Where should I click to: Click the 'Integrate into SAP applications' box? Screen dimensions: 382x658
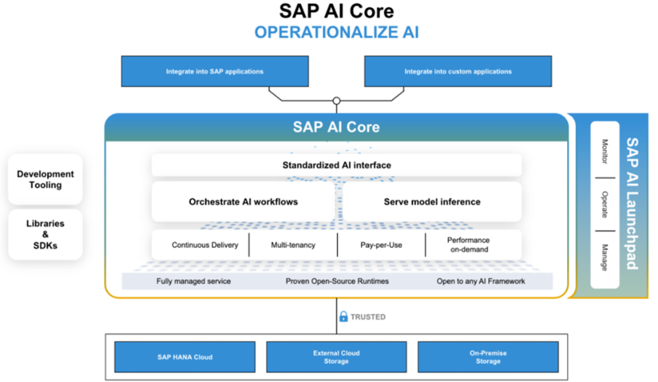point(214,72)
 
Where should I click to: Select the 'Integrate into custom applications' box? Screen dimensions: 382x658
point(458,72)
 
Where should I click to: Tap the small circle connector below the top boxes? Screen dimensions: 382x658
point(336,101)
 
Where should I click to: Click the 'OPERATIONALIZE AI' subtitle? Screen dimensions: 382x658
point(336,32)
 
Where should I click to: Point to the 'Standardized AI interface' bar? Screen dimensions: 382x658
point(336,165)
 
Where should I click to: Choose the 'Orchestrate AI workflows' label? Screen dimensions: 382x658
point(243,202)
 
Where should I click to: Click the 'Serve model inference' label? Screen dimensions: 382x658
point(432,202)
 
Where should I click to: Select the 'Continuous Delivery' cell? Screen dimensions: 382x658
point(205,245)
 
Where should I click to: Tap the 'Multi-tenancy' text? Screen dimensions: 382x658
point(293,245)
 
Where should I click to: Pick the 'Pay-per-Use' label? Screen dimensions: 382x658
point(381,245)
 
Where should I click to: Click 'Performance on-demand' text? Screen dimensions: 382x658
point(468,245)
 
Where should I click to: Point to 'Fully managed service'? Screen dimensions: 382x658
point(194,281)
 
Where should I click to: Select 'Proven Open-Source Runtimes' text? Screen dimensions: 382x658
point(337,281)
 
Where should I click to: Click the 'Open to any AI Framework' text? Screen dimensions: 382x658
point(480,281)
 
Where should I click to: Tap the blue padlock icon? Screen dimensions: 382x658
point(343,317)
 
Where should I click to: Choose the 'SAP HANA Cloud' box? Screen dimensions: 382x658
point(184,357)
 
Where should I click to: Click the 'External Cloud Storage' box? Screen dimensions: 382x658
point(336,357)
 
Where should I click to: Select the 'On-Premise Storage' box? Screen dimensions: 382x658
point(488,357)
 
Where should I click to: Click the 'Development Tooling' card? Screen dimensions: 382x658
point(45,180)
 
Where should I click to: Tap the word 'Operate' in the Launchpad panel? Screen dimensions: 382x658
point(604,205)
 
